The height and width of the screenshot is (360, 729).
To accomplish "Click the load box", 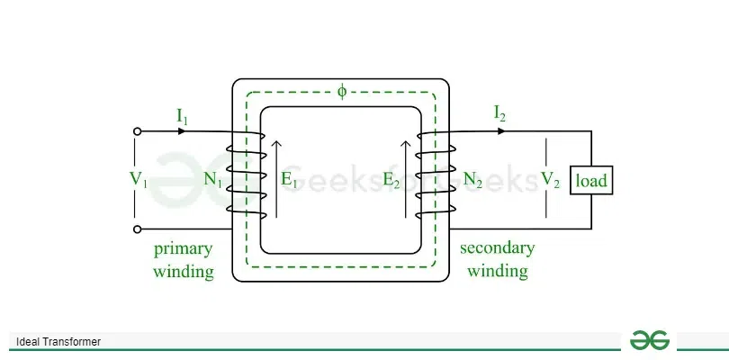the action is tap(591, 180).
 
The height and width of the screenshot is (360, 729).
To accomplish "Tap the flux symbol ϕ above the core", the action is tap(342, 92).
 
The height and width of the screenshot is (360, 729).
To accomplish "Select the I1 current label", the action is tap(182, 116).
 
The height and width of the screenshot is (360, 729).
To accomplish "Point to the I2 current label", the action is tap(499, 113).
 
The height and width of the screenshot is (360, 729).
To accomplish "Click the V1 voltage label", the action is tap(138, 179).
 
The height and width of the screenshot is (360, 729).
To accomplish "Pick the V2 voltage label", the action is tap(550, 179).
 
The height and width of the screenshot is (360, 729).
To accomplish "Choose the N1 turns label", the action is tap(213, 179).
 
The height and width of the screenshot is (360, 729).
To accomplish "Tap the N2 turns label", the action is tap(472, 179).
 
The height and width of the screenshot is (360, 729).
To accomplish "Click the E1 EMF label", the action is tap(289, 179).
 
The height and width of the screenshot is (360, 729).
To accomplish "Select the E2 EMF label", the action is tap(391, 179).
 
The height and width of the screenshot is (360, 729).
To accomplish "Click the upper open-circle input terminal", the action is tap(137, 131).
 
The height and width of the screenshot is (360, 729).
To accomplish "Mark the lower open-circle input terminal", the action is tap(137, 229).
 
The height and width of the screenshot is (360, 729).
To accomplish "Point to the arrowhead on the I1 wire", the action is tap(182, 131).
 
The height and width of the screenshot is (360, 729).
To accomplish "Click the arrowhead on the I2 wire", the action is tap(501, 131).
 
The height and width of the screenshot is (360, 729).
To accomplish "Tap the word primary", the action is tap(183, 250).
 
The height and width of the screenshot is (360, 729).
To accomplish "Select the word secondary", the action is tap(498, 247).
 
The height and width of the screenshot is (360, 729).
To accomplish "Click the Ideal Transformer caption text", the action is tap(58, 342).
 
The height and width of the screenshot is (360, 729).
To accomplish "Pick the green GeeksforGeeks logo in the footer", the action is tap(650, 340).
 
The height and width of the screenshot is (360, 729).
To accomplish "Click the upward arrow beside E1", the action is tap(276, 179).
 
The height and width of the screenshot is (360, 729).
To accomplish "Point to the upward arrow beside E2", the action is tap(406, 179).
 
